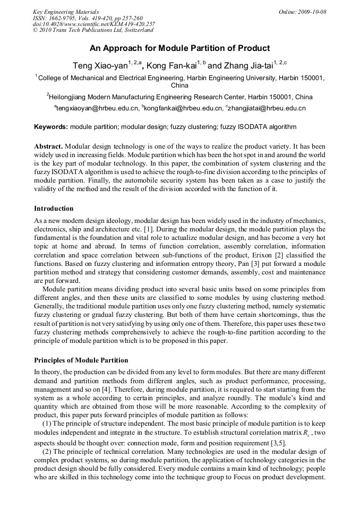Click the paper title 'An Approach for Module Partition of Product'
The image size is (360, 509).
point(179,48)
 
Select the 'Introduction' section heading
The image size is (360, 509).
point(54,208)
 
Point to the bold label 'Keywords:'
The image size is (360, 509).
point(51,127)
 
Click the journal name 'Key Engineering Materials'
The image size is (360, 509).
point(65,12)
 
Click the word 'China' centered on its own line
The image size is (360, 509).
point(179,85)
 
